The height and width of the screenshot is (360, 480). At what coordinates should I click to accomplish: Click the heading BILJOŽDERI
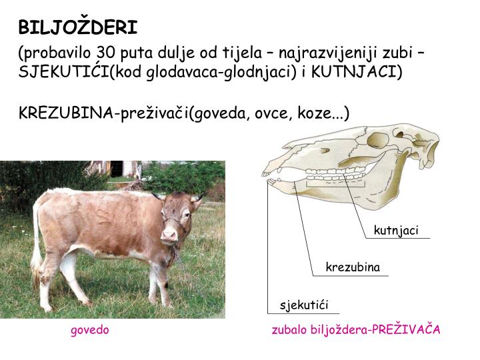(78, 27)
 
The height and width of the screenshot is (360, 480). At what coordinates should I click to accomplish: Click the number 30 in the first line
(106, 53)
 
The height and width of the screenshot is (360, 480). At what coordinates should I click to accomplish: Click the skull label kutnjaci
(396, 231)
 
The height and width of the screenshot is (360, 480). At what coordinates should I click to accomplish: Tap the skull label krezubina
(352, 267)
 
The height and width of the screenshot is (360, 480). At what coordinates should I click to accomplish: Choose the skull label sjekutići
(304, 306)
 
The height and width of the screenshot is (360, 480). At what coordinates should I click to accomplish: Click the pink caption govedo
(90, 330)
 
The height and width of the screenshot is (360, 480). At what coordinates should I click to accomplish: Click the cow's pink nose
(169, 235)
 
